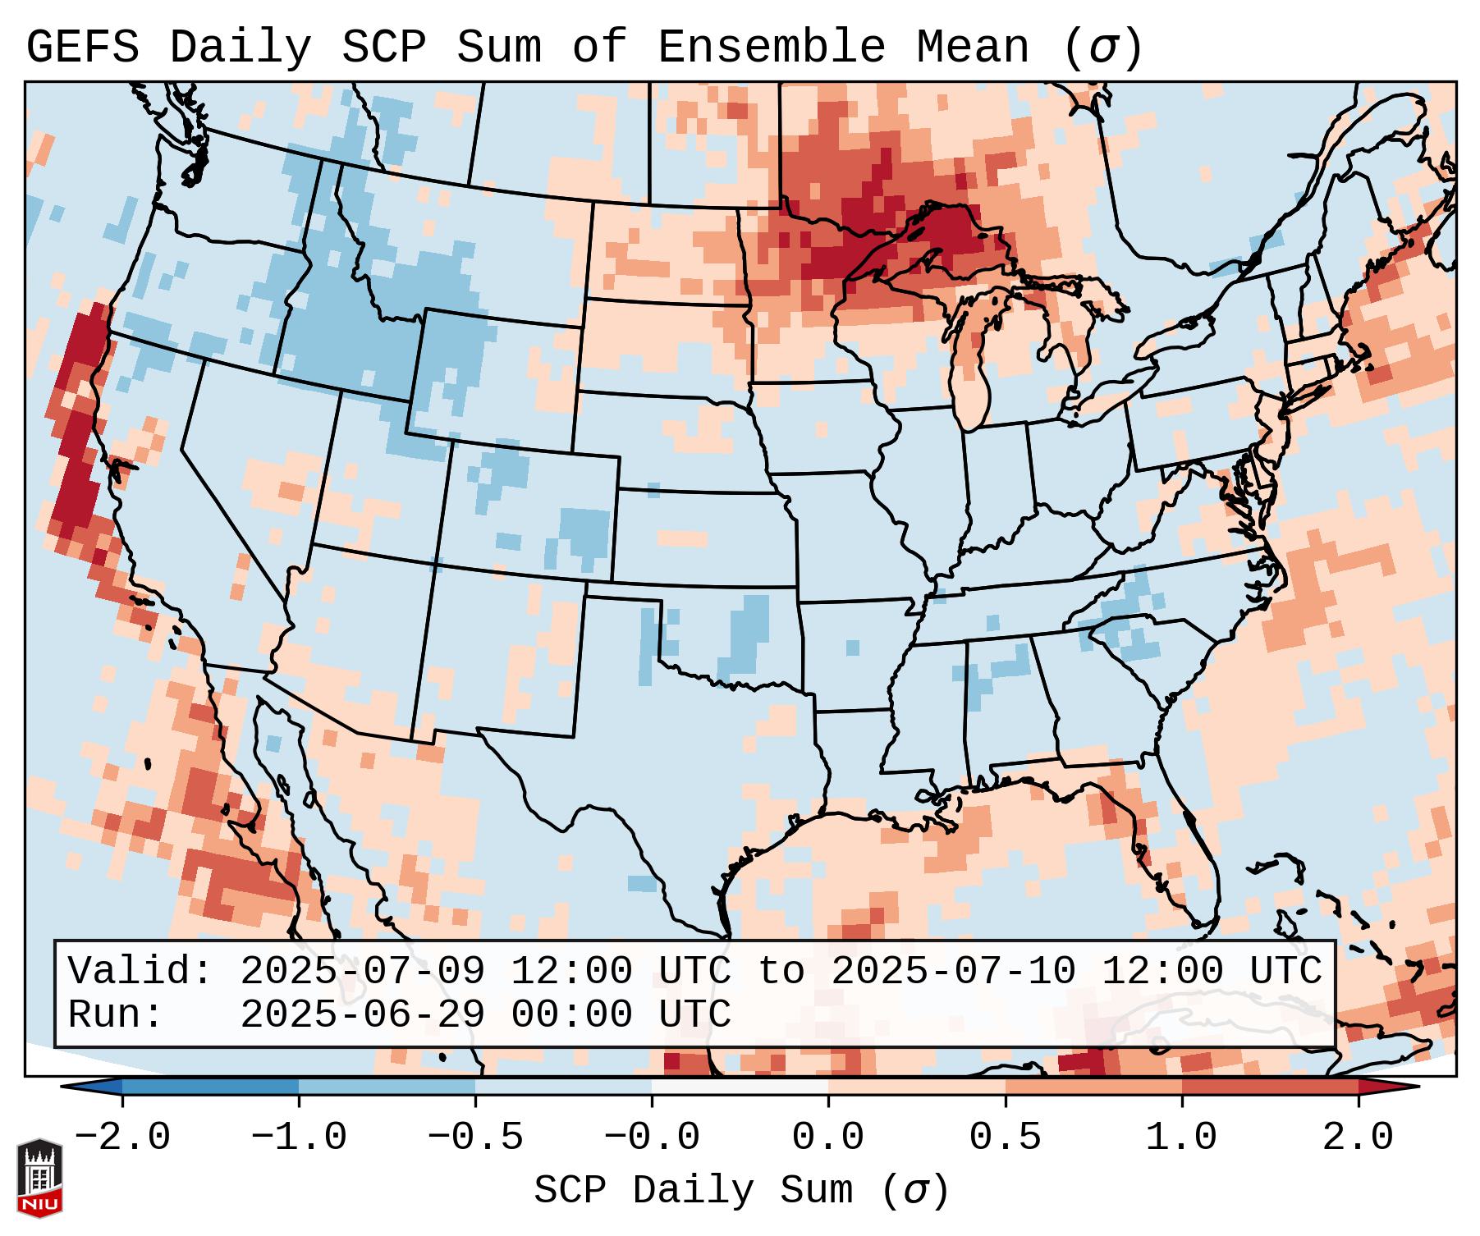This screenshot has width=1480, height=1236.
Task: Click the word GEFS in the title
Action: [x=82, y=48]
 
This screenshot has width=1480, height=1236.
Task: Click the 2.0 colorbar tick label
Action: [x=1358, y=1138]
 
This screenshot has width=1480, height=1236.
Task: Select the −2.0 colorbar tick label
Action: [x=122, y=1138]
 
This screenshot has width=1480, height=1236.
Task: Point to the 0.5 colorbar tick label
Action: [x=1005, y=1138]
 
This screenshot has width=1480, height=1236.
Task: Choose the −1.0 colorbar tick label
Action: [x=299, y=1138]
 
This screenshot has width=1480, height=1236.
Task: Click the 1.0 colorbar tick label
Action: [x=1181, y=1138]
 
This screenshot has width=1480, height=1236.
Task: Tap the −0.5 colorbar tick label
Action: [x=475, y=1138]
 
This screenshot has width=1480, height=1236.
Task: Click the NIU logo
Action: [x=39, y=1179]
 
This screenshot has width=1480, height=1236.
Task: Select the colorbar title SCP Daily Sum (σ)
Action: [x=741, y=1190]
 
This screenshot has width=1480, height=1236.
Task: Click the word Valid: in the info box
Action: [x=140, y=971]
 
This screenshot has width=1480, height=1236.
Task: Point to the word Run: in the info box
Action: [x=116, y=1014]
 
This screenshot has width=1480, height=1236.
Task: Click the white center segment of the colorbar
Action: [x=740, y=1087]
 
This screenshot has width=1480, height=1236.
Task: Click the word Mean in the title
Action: [x=972, y=48]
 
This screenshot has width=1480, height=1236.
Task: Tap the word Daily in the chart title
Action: [x=240, y=48]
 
